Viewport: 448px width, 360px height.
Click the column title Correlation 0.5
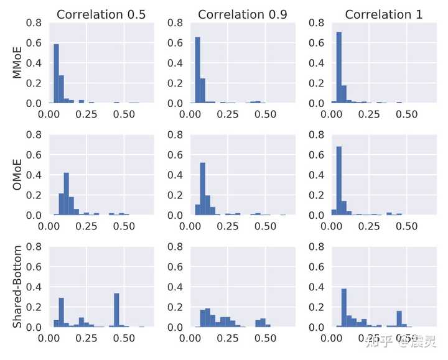[x=101, y=14]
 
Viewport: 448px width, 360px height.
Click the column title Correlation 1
[x=383, y=14]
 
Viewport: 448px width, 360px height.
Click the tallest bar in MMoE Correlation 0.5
[x=56, y=73]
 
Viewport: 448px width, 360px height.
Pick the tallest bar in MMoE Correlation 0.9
[x=198, y=70]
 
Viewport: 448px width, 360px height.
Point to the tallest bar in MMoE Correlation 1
[x=339, y=67]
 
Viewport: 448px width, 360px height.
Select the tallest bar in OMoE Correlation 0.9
[x=203, y=189]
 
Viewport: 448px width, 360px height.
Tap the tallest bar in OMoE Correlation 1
[x=339, y=181]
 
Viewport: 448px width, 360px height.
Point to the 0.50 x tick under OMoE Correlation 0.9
[x=266, y=227]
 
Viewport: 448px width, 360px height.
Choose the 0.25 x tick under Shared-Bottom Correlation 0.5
[x=86, y=339]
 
